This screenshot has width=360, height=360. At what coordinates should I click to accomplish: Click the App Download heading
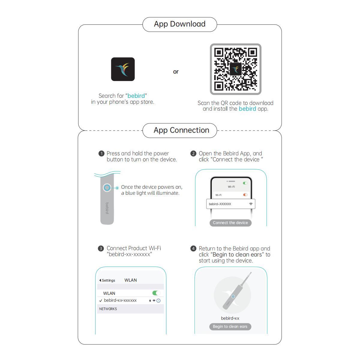point(179,24)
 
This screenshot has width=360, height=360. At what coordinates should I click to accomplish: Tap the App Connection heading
point(181,130)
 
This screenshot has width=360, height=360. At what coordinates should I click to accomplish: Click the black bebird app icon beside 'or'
point(123,69)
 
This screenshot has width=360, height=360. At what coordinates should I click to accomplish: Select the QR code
point(235,69)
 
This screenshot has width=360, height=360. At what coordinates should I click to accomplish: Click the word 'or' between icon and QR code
point(175,72)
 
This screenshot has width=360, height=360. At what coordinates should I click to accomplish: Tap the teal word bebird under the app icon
point(136,96)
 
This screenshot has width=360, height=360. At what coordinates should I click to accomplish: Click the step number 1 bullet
point(101,154)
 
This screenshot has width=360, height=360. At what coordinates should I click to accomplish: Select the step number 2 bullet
point(193,154)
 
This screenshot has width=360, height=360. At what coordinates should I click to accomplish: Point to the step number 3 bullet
point(101,248)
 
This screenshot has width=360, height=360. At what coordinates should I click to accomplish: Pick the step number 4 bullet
point(193,248)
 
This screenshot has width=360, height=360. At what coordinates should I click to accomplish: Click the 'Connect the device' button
point(230,223)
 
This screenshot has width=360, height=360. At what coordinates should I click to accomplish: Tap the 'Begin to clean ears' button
point(230,327)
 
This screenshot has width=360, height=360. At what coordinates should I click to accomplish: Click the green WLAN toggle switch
point(156,293)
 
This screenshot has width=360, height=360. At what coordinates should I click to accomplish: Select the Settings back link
point(107,280)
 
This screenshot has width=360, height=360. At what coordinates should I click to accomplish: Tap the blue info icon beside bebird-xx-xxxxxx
point(158,301)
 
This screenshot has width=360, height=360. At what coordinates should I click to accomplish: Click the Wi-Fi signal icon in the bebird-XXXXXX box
point(251,204)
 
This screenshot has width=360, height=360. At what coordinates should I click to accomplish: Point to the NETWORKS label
point(108,309)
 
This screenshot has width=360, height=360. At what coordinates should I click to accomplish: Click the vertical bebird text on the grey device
point(107,208)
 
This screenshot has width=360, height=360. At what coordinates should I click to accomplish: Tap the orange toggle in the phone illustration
point(245,195)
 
